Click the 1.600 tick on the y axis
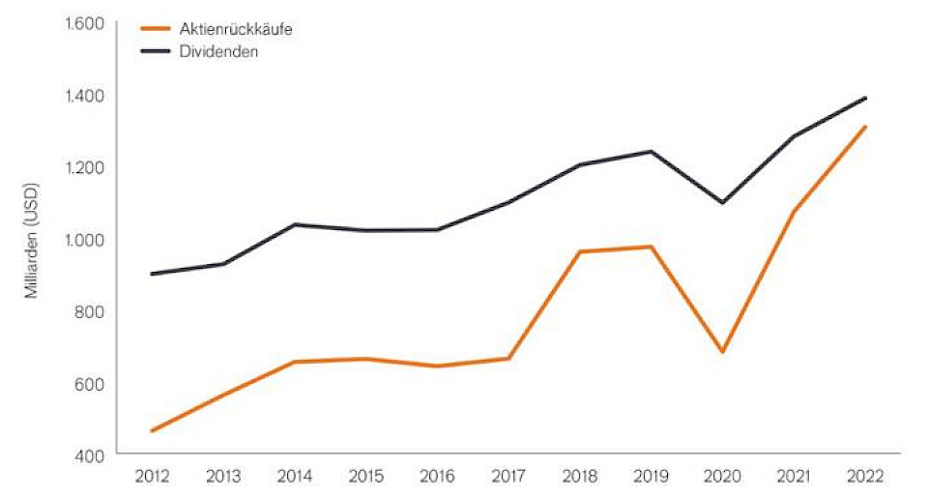(x=84, y=23)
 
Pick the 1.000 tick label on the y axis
(x=84, y=239)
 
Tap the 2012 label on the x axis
(x=152, y=477)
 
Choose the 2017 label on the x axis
(x=508, y=477)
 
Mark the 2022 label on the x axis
(x=865, y=477)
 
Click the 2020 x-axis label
(x=722, y=477)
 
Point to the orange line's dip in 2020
(x=722, y=352)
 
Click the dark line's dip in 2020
(x=722, y=202)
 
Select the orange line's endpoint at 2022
(x=865, y=127)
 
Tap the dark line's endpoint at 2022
(x=865, y=98)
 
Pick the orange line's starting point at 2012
(x=152, y=431)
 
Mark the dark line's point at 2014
(x=294, y=224)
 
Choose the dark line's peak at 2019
(x=652, y=151)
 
